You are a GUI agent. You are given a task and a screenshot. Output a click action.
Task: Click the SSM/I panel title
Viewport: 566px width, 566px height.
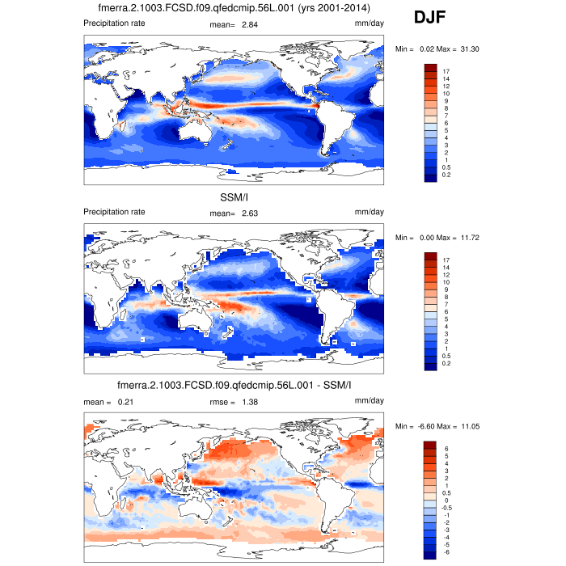(x=234, y=198)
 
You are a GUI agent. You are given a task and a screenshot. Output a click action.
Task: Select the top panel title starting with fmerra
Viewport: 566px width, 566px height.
(x=233, y=9)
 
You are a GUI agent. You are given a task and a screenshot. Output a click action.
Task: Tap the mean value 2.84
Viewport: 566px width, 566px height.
(x=249, y=24)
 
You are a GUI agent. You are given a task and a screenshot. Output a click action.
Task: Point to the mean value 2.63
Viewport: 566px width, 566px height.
(x=249, y=213)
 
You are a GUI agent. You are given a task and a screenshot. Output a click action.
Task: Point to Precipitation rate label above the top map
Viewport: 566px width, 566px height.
(x=115, y=23)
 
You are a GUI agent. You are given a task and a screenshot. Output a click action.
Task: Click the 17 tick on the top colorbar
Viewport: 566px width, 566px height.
(x=446, y=71)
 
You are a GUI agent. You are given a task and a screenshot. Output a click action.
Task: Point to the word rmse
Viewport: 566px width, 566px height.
(x=219, y=401)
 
